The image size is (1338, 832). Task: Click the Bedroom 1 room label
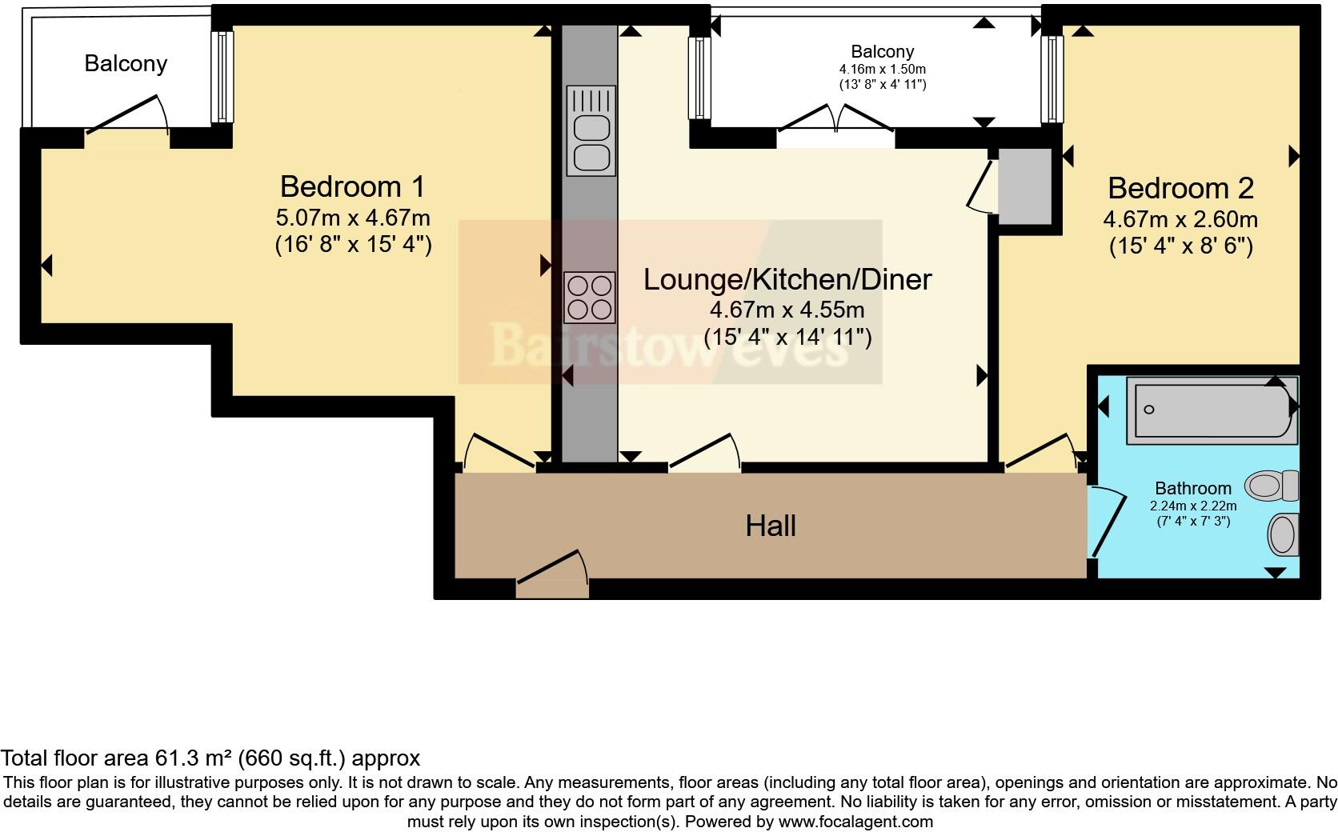click(352, 186)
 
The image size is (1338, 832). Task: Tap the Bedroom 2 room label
click(1180, 188)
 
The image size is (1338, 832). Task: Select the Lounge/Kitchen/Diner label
click(787, 279)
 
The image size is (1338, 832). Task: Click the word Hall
click(771, 526)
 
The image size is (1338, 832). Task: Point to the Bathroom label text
click(1192, 488)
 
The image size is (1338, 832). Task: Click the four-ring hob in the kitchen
click(590, 297)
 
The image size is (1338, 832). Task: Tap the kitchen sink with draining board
click(591, 131)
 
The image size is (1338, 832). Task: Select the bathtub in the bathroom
click(1210, 410)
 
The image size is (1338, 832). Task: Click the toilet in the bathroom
click(1271, 485)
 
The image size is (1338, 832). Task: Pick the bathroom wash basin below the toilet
click(1283, 534)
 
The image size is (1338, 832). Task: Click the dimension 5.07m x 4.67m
click(352, 218)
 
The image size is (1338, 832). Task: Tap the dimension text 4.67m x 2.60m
click(1180, 219)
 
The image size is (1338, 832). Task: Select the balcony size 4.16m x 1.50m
click(882, 70)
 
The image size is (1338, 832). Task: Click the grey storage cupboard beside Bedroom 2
click(1024, 186)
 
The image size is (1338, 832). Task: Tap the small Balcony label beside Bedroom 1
click(126, 63)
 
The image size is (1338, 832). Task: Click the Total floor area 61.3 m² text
click(210, 758)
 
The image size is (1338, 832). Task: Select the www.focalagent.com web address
click(855, 822)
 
